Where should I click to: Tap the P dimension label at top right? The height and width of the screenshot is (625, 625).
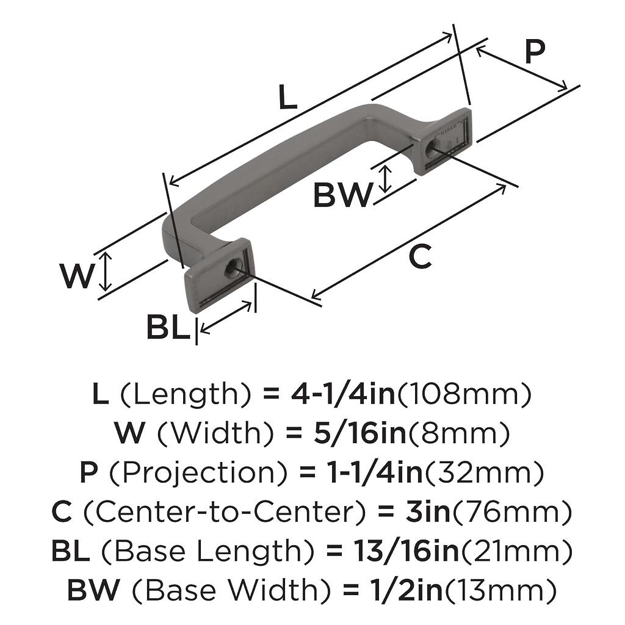534,53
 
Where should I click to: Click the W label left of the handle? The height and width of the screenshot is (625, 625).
78,276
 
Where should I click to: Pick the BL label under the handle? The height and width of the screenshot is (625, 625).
167,328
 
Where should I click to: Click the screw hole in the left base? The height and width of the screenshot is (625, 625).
232,268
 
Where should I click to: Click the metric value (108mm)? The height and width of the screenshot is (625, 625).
464,396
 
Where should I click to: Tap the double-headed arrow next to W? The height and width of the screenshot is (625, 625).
106,272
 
